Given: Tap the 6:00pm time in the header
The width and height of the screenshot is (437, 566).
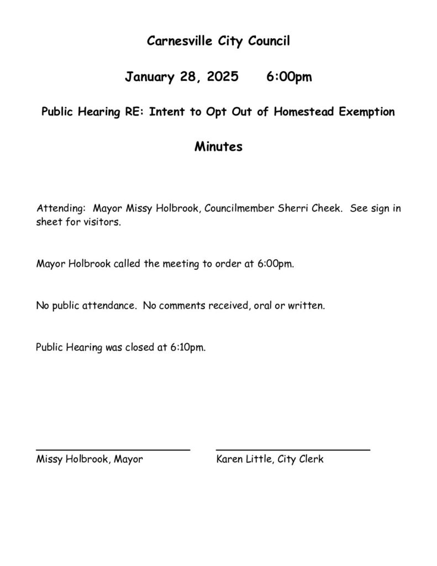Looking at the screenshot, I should (289, 77).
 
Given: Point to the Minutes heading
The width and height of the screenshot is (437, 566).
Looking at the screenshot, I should (218, 148).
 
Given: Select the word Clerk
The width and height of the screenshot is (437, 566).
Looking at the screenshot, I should (310, 459).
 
